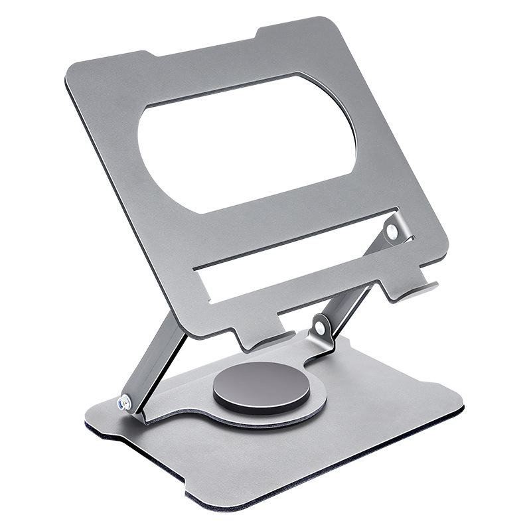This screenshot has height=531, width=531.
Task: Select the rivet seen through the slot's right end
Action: click(x=392, y=231)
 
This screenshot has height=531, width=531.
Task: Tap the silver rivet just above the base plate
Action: click(x=320, y=327)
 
